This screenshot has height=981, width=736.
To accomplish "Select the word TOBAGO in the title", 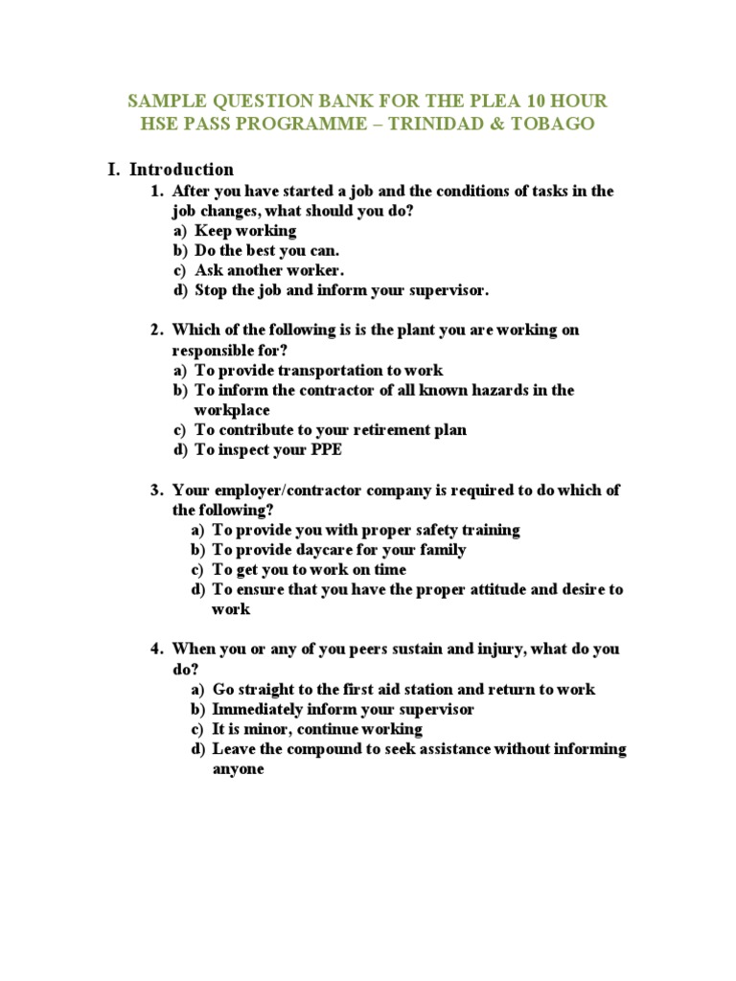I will (553, 125).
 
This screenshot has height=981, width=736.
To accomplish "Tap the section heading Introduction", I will (182, 170).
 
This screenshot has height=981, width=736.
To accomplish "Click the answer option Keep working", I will (245, 230).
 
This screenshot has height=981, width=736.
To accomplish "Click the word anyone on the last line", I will (238, 769).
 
